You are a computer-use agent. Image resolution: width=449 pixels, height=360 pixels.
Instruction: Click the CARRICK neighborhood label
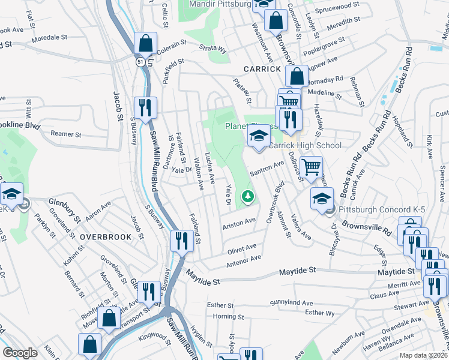[262, 69]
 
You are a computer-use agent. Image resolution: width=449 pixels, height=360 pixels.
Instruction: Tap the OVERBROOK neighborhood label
[106, 237]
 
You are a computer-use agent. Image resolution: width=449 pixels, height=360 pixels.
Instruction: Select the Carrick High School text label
[305, 145]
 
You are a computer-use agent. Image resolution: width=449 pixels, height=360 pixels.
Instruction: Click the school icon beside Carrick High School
[259, 136]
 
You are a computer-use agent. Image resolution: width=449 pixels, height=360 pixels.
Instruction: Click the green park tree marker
[247, 196]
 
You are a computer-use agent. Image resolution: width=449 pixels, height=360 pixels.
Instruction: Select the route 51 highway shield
[139, 61]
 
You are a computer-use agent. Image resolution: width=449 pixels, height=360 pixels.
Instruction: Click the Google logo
[20, 353]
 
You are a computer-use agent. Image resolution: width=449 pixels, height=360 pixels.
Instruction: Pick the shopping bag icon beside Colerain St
[146, 43]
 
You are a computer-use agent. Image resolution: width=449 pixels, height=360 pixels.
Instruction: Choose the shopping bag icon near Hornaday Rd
[297, 76]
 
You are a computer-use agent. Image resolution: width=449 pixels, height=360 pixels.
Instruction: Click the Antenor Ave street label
[244, 259]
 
